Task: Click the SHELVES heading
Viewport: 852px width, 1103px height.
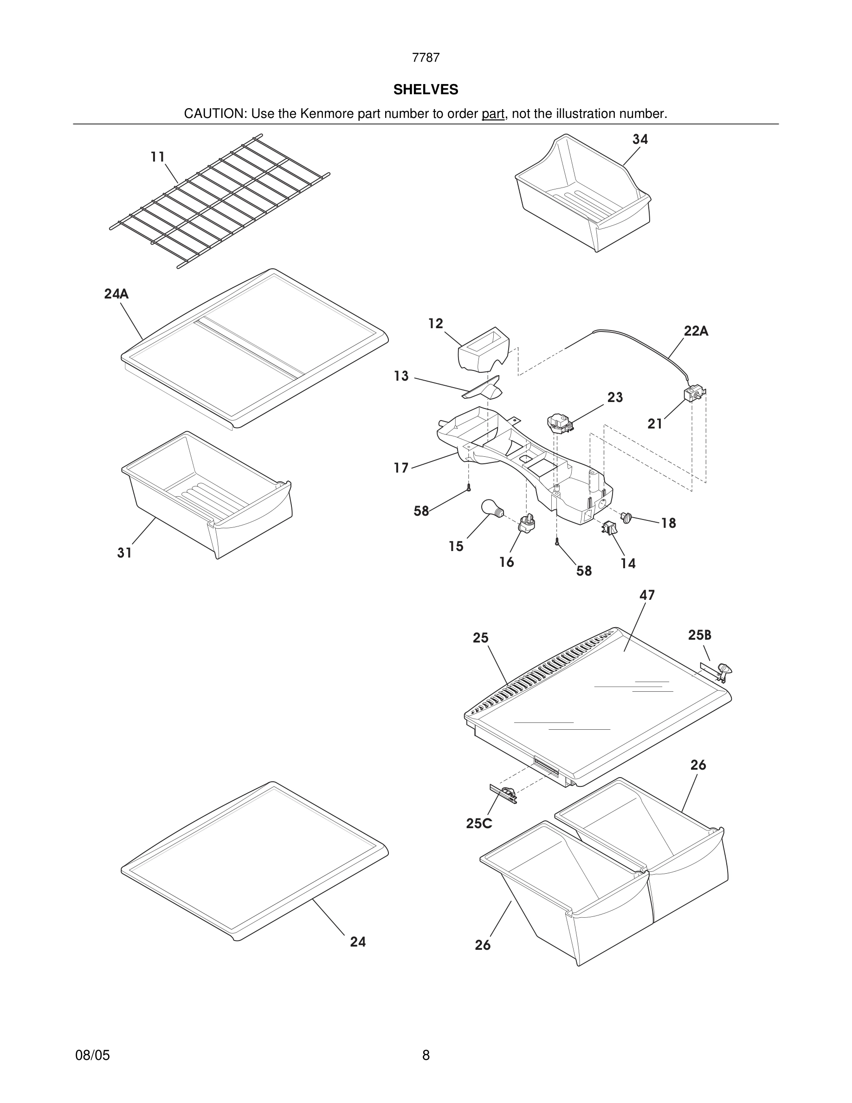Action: (x=426, y=90)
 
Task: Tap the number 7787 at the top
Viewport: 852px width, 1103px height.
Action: (x=426, y=58)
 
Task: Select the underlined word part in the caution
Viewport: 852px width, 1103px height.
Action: (x=493, y=114)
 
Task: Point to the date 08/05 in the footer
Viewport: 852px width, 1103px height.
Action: (x=92, y=1055)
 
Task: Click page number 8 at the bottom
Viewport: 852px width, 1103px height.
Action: (x=426, y=1055)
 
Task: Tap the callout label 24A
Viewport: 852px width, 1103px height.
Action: (x=116, y=294)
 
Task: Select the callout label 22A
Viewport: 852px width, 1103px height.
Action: (x=696, y=331)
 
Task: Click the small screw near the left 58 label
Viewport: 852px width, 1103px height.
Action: (x=469, y=487)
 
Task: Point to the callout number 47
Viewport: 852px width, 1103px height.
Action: (x=647, y=596)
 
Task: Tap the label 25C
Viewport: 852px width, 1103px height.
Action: (x=478, y=824)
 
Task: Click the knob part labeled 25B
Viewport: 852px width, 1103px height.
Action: (x=725, y=670)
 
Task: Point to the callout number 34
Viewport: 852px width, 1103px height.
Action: (x=640, y=139)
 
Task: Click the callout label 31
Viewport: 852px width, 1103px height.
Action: (x=125, y=553)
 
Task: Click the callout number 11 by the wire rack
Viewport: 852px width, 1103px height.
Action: (x=158, y=157)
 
